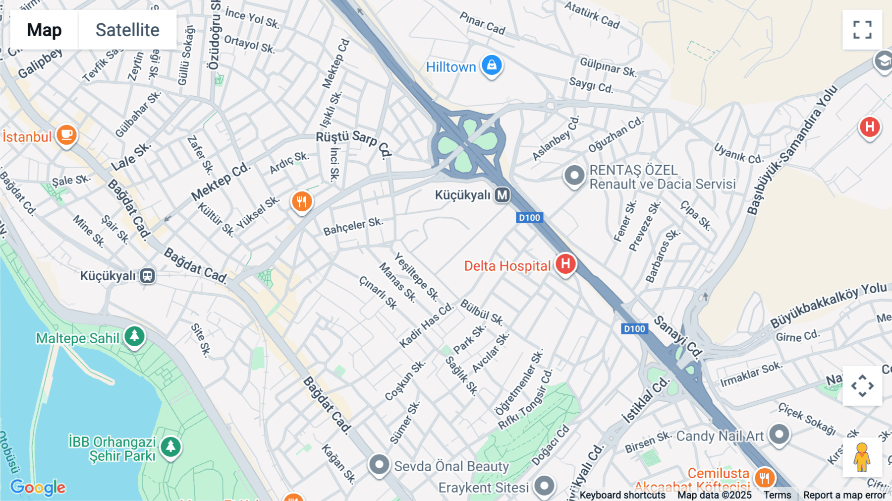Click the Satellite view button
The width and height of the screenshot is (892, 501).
[x=127, y=30]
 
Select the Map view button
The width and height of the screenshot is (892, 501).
[x=44, y=30]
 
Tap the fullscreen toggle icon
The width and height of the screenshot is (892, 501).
[x=862, y=30]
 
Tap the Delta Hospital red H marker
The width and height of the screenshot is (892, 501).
[x=565, y=264]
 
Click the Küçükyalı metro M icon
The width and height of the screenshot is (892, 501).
[x=502, y=195]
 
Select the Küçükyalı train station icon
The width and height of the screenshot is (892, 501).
[x=147, y=276]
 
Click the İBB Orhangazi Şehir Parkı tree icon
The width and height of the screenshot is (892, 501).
[x=171, y=446]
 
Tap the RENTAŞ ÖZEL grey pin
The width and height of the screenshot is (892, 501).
[x=574, y=176]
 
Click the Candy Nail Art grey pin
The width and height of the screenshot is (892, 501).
[x=779, y=435]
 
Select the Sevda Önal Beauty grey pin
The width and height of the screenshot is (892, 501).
[x=379, y=465]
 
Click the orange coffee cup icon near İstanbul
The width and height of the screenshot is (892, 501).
[x=66, y=135]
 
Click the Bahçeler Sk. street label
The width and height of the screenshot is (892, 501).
[x=353, y=226]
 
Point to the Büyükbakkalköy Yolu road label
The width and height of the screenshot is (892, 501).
[x=828, y=305]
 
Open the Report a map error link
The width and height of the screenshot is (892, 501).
[x=844, y=495]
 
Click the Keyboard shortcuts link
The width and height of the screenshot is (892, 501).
[x=622, y=495]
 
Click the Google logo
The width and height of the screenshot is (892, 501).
[x=38, y=488]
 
